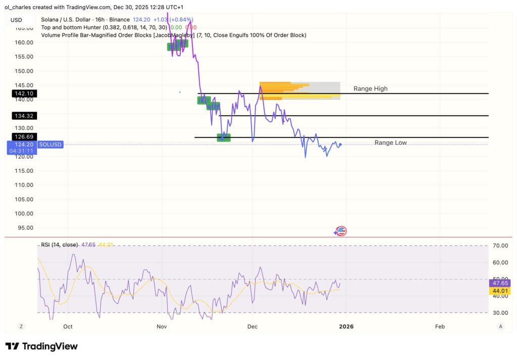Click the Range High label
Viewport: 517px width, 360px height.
[370, 89]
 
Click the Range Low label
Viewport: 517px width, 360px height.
[390, 143]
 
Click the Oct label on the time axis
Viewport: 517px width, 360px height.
[68, 327]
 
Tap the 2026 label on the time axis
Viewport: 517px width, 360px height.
[346, 327]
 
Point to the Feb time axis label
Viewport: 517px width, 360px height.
[440, 327]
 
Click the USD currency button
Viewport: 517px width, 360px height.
[16, 20]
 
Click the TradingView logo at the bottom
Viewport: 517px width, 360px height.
[41, 346]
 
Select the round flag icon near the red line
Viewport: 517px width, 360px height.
[341, 231]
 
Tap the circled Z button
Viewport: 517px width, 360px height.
[22, 327]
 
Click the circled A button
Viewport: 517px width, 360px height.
[500, 327]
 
